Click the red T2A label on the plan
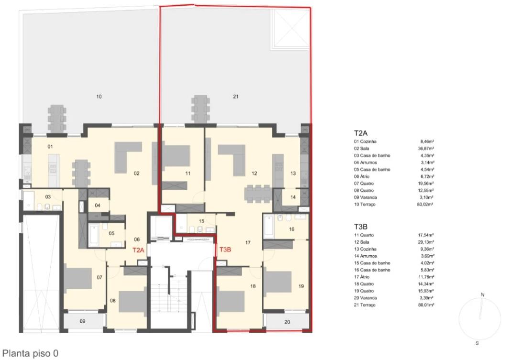point(138,250)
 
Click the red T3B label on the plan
point(225,250)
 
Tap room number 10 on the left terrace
point(99,97)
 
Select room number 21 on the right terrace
point(236,97)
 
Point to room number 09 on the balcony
point(82,321)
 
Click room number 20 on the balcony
point(287,322)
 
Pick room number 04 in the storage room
point(98,206)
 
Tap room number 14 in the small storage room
point(293,197)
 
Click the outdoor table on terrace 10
point(57,118)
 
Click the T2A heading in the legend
point(360,133)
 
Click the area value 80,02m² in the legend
point(426,204)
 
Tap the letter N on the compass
point(482,295)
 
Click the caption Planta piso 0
point(31,353)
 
